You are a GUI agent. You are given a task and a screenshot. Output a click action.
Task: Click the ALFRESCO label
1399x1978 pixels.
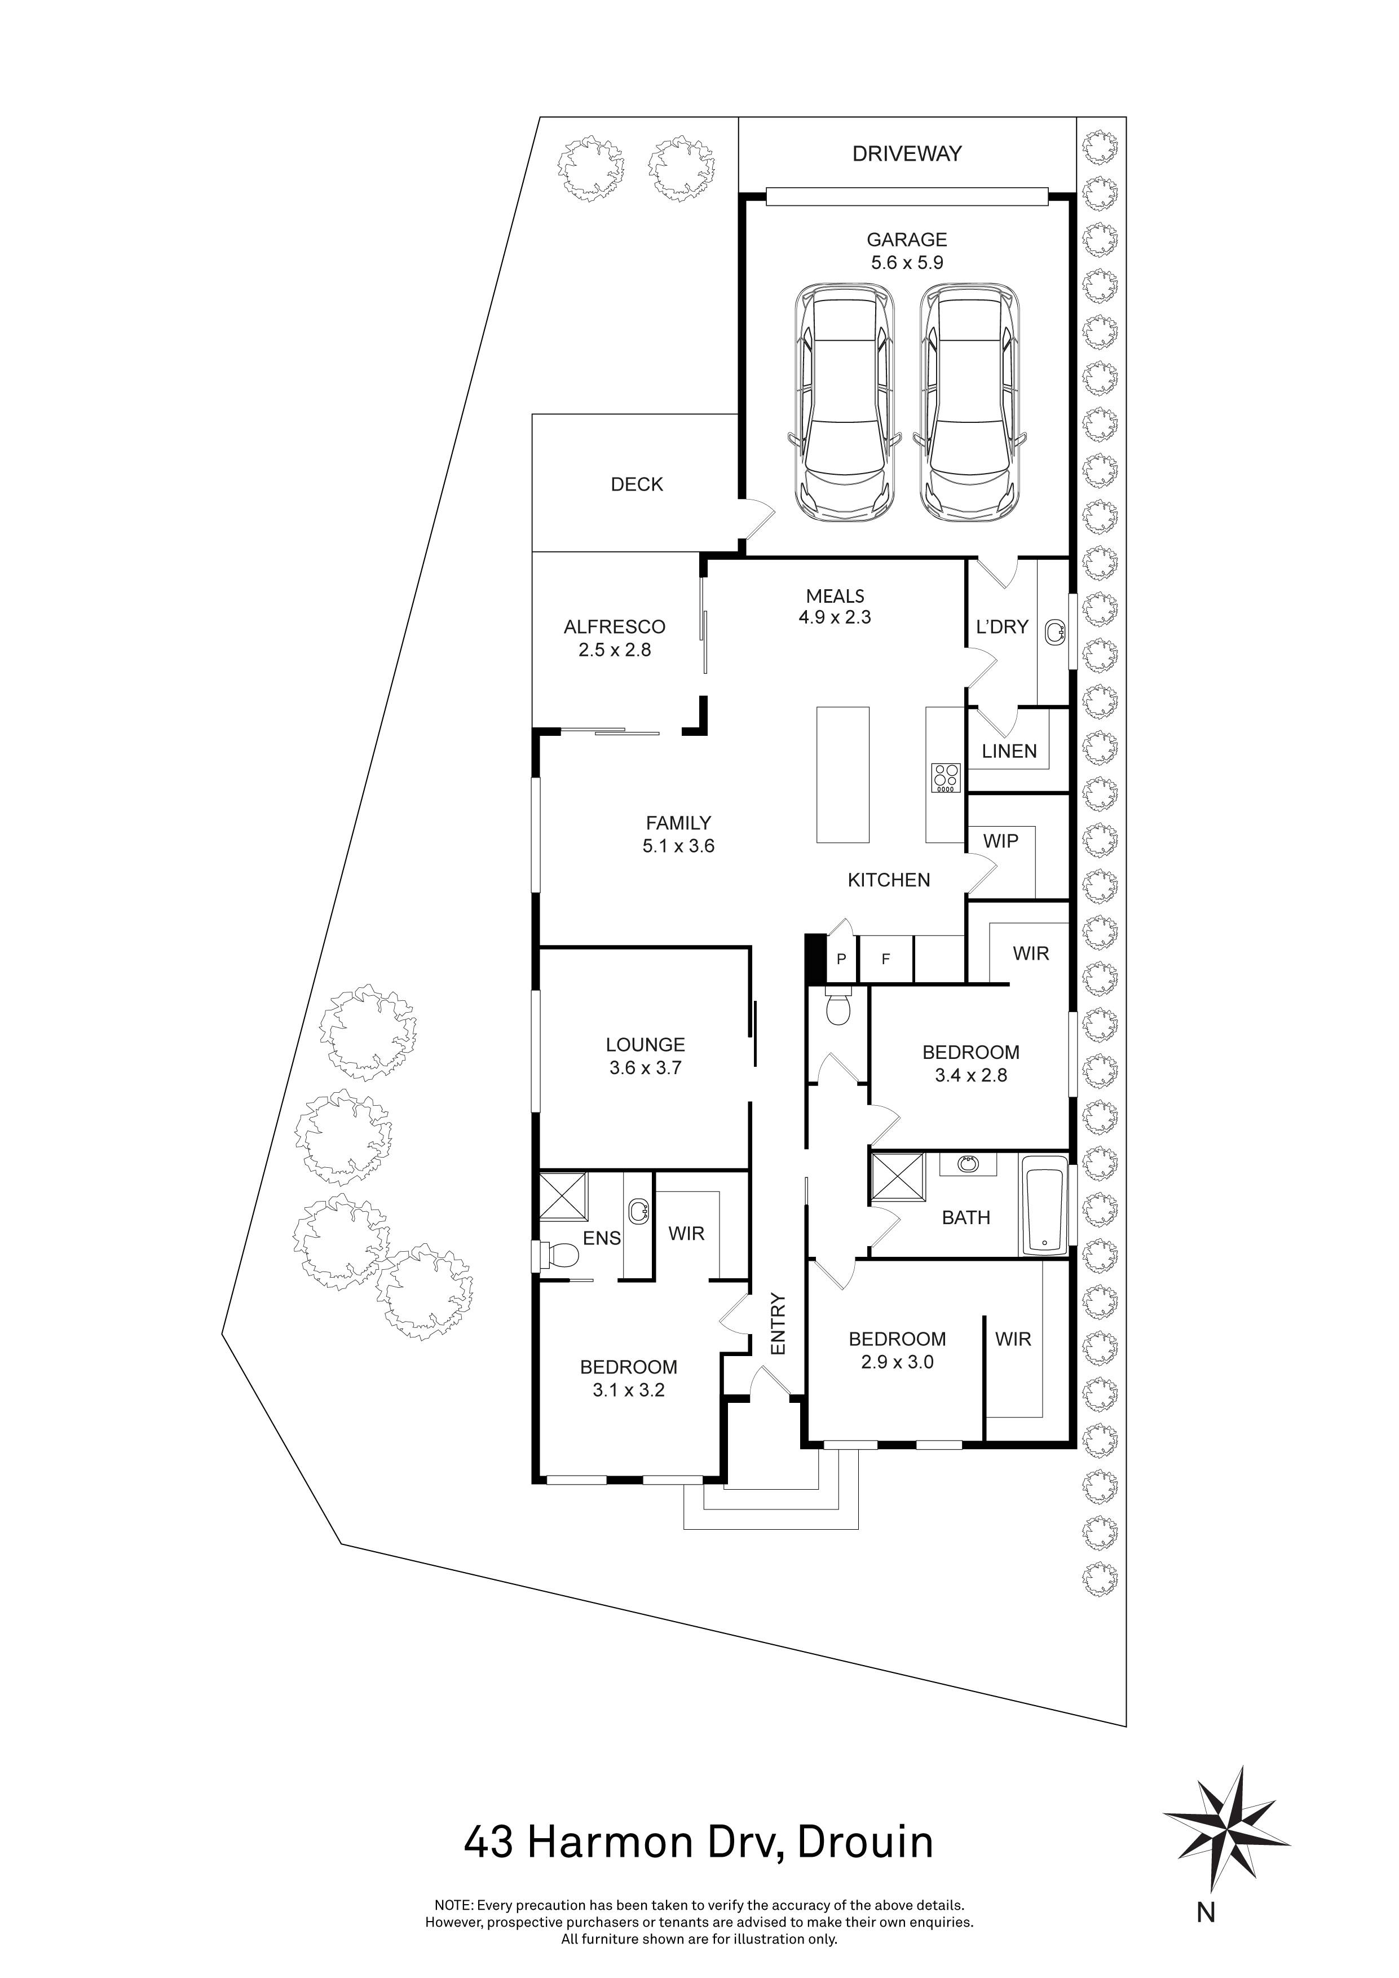coord(614,627)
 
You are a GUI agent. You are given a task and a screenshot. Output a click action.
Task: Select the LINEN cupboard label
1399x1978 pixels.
coord(1009,751)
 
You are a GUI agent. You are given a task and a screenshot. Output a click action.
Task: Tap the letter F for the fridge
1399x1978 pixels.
coord(885,959)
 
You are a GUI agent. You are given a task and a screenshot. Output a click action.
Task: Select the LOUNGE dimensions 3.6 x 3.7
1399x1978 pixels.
coord(645,1069)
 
